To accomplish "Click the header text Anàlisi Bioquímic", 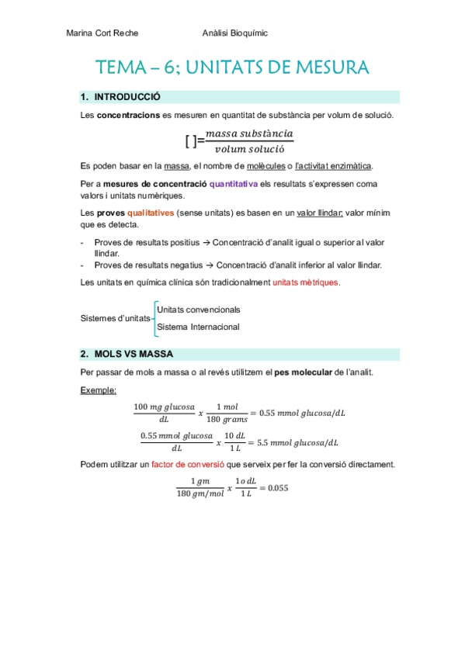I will [234, 33].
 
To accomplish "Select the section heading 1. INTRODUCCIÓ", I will [120, 98].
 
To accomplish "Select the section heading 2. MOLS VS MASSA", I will [127, 355].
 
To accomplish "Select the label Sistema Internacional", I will [198, 327].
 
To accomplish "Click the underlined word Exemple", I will [97, 390].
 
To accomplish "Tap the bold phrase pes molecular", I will [297, 372].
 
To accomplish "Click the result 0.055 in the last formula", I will [274, 487].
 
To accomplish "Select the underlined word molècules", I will [264, 165].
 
